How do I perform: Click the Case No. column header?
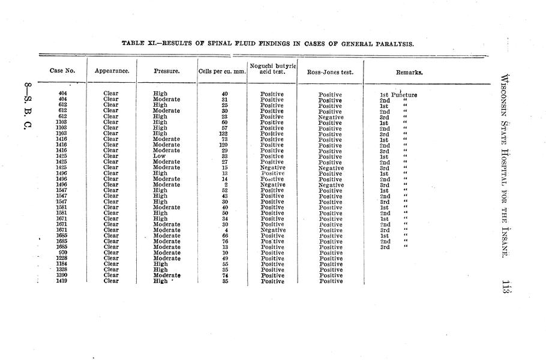62,71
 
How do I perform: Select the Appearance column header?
112,71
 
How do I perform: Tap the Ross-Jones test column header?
331,72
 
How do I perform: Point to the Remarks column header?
409,72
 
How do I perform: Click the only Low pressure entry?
160,157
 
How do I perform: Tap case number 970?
62,253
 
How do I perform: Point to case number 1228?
62,259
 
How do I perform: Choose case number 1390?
62,275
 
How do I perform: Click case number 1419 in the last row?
62,281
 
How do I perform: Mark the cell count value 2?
225,185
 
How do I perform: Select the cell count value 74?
224,275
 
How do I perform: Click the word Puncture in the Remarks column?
404,95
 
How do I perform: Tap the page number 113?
502,287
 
